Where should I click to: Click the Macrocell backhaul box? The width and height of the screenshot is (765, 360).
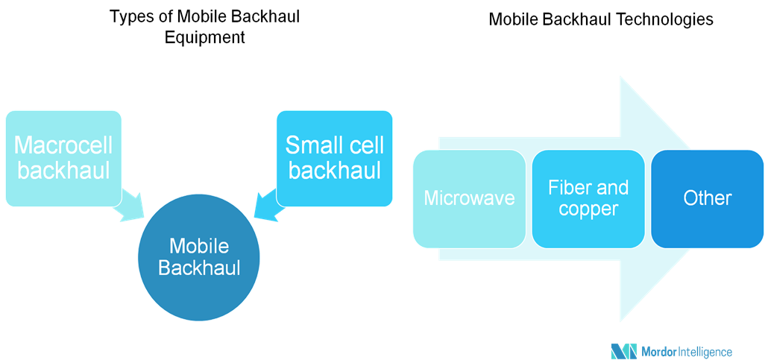point(63,158)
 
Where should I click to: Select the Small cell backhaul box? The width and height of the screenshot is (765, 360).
point(334,158)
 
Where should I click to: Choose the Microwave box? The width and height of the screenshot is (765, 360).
point(469,198)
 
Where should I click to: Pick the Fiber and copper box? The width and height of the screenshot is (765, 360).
point(588,198)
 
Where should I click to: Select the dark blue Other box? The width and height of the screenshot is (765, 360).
point(708,198)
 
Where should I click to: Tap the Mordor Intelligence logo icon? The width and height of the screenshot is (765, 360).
point(623,351)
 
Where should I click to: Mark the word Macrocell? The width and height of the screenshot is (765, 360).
point(63,145)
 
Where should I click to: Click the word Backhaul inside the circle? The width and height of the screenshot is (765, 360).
point(199,268)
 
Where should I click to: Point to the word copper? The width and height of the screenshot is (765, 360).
point(588,209)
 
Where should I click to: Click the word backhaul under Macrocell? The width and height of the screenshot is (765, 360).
point(63,171)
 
